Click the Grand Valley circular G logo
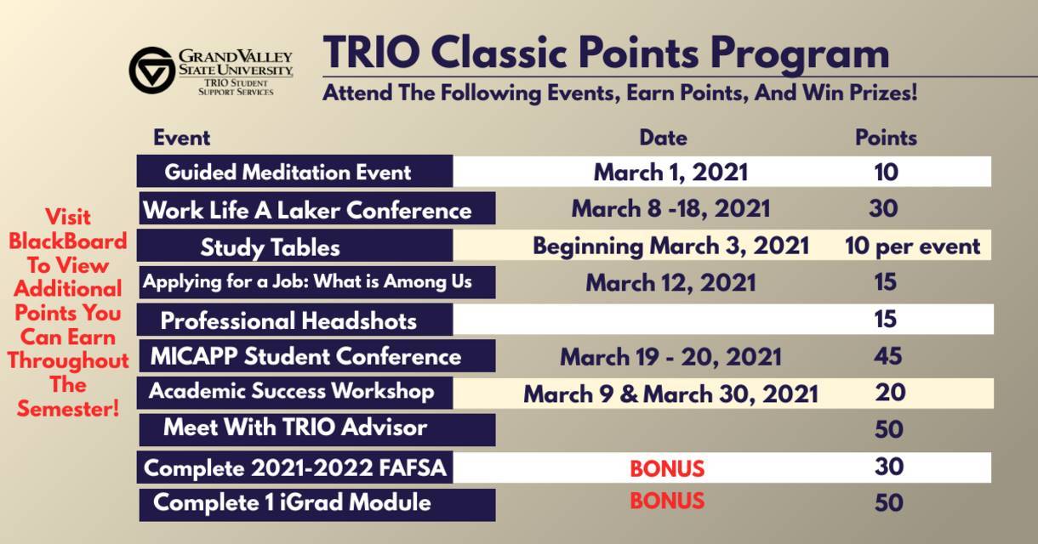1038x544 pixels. (152, 71)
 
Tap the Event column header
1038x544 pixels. (182, 138)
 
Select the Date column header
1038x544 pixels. (663, 138)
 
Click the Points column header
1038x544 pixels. (886, 138)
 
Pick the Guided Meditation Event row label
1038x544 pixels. (288, 173)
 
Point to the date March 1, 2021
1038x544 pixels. (670, 173)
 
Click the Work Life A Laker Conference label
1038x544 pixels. (307, 210)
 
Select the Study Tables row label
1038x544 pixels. (271, 247)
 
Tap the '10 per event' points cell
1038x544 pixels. (912, 246)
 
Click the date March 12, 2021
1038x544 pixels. (670, 282)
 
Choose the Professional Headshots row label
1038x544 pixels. (288, 320)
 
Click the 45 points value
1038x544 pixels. (888, 356)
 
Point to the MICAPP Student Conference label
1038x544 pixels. (305, 356)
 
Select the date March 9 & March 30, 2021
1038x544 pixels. (670, 394)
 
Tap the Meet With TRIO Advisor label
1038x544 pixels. (295, 427)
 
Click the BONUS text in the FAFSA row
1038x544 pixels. (667, 468)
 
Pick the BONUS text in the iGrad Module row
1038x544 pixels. (667, 501)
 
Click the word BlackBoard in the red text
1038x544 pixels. (68, 241)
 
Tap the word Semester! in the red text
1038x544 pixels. (68, 409)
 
